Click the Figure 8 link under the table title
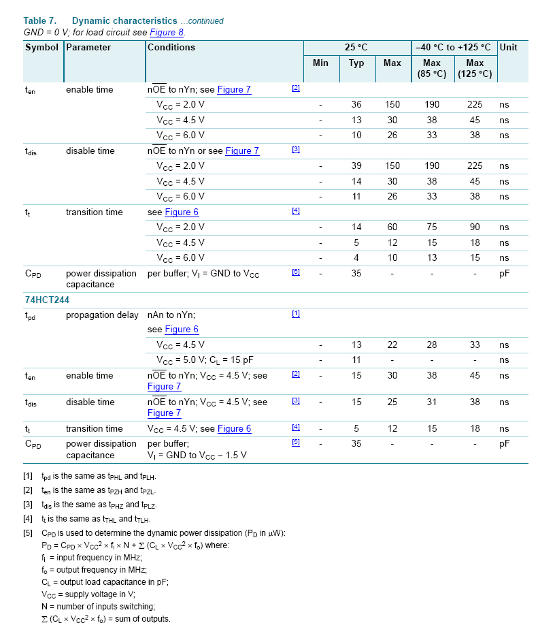167,32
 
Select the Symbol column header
41,48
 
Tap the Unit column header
508,48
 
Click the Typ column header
356,63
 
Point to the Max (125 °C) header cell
475,68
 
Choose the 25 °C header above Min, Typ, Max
356,48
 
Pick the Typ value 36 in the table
356,105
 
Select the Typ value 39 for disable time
356,166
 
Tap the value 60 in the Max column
392,227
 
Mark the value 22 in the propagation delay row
392,345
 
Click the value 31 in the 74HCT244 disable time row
432,402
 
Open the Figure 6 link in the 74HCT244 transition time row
234,429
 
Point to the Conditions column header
171,48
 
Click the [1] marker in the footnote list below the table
27,477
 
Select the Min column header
320,63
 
